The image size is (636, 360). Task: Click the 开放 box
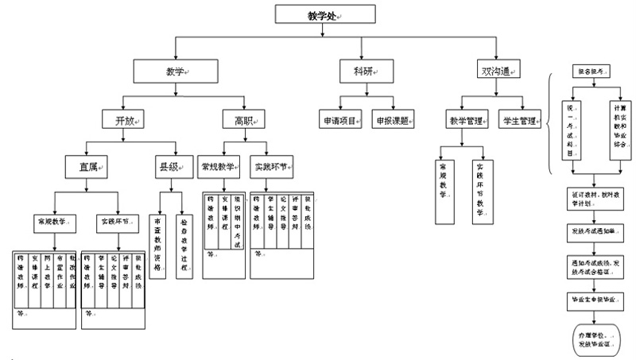point(122,120)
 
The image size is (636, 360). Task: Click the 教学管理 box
point(468,121)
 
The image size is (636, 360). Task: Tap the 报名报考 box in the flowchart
point(592,73)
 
